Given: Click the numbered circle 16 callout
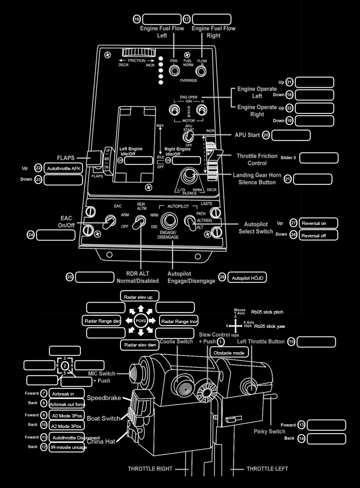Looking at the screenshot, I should click(x=137, y=19).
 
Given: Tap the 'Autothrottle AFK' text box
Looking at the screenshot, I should click(x=63, y=168).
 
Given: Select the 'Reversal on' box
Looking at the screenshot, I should click(x=319, y=223).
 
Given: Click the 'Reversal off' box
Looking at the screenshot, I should click(x=319, y=235).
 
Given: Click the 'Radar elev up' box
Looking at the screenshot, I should click(x=138, y=296).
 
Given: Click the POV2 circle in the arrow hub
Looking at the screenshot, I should click(x=140, y=320).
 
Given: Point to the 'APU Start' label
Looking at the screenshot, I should click(x=247, y=135).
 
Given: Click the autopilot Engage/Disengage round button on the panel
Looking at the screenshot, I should click(x=169, y=221).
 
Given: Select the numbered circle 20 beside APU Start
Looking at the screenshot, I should click(x=266, y=135).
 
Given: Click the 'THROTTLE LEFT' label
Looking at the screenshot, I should click(x=267, y=469).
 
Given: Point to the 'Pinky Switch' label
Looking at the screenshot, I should click(x=270, y=431).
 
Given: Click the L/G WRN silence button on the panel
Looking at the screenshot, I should click(x=190, y=177).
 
